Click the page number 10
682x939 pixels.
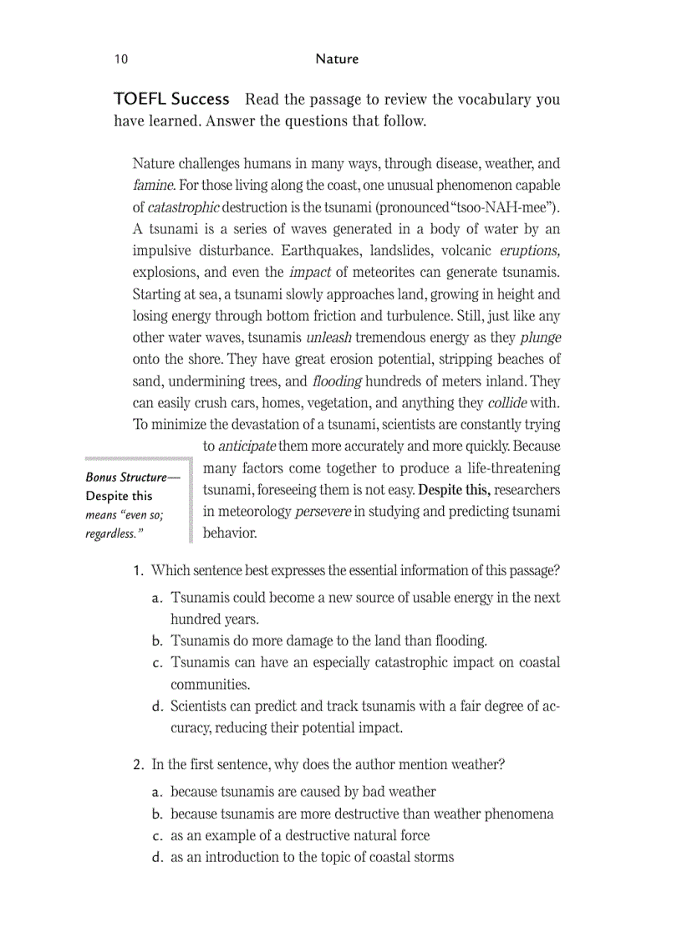click(121, 59)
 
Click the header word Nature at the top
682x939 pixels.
click(337, 59)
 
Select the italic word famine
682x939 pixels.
click(153, 185)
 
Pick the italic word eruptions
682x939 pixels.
click(529, 250)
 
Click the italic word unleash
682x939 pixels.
click(328, 338)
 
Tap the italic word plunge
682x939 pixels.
click(540, 338)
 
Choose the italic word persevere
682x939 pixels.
click(323, 511)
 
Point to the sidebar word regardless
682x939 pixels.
click(109, 533)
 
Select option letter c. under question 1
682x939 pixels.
click(157, 663)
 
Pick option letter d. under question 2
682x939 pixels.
click(157, 857)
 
